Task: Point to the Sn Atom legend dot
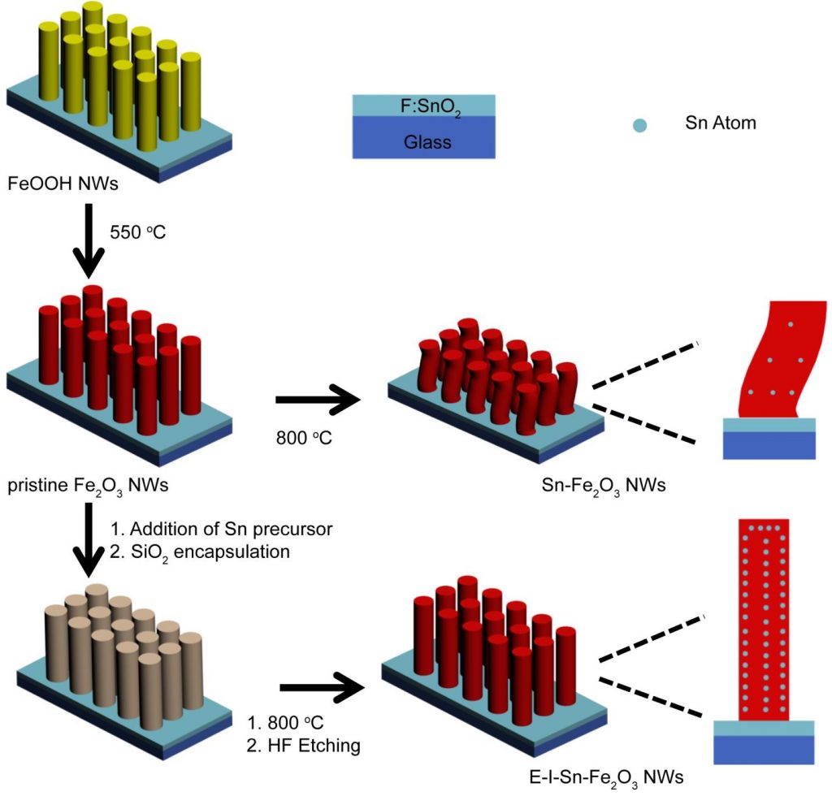(640, 126)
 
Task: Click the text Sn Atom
(718, 124)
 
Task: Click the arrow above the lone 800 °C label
(318, 400)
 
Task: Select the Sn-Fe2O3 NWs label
(603, 487)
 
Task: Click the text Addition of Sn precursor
(222, 529)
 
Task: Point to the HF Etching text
(305, 744)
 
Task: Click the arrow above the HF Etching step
(321, 688)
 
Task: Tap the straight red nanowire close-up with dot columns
(764, 617)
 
